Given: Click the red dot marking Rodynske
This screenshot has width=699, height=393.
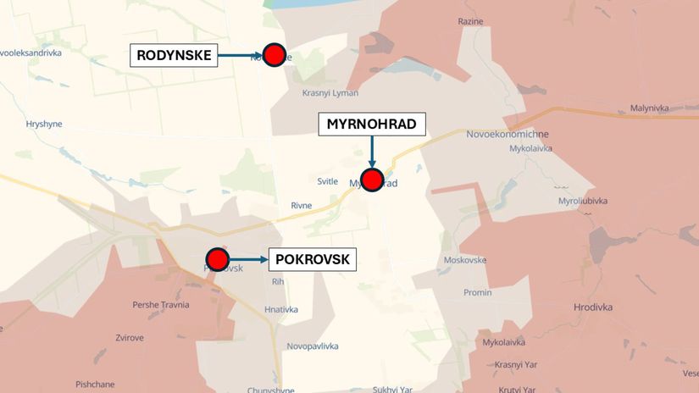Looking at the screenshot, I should tap(274, 55).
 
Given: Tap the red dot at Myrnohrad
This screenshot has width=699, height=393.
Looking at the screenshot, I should tap(372, 180).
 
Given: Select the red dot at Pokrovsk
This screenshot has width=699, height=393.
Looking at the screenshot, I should tap(218, 259).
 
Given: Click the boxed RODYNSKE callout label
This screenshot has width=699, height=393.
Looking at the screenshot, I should tap(174, 56).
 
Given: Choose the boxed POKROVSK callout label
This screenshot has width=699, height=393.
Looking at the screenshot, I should tap(313, 259).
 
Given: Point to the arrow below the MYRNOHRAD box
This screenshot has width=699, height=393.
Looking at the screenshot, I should tap(372, 152).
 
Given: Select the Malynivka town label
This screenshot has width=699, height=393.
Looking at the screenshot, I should tap(649, 108).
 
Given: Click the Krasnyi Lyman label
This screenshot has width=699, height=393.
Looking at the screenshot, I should tap(330, 92).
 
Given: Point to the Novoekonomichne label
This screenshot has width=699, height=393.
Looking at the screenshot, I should tap(508, 134).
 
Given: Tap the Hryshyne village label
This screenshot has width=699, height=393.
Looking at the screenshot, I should tap(44, 124).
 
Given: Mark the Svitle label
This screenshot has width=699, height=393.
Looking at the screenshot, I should tap(327, 181).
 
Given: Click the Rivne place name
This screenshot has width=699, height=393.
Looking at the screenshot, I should tap(301, 205).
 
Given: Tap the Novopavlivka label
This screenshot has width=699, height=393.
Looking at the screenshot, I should tap(313, 346).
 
